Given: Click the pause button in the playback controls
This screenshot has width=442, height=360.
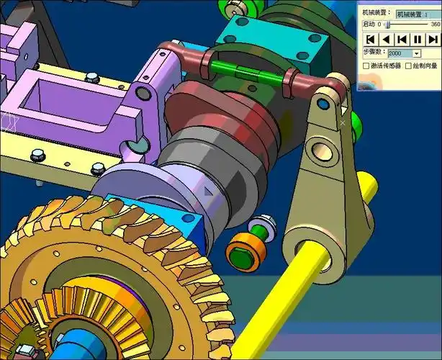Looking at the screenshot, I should (417, 39).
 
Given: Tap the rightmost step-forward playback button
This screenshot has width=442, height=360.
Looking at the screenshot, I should (432, 39).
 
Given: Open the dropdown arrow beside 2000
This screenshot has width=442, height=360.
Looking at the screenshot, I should (416, 53).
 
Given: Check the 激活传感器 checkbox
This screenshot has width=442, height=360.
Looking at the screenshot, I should (366, 66).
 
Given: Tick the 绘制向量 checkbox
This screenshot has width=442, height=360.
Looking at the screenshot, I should (408, 66).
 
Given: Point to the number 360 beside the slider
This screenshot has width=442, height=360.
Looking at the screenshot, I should (435, 24).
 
